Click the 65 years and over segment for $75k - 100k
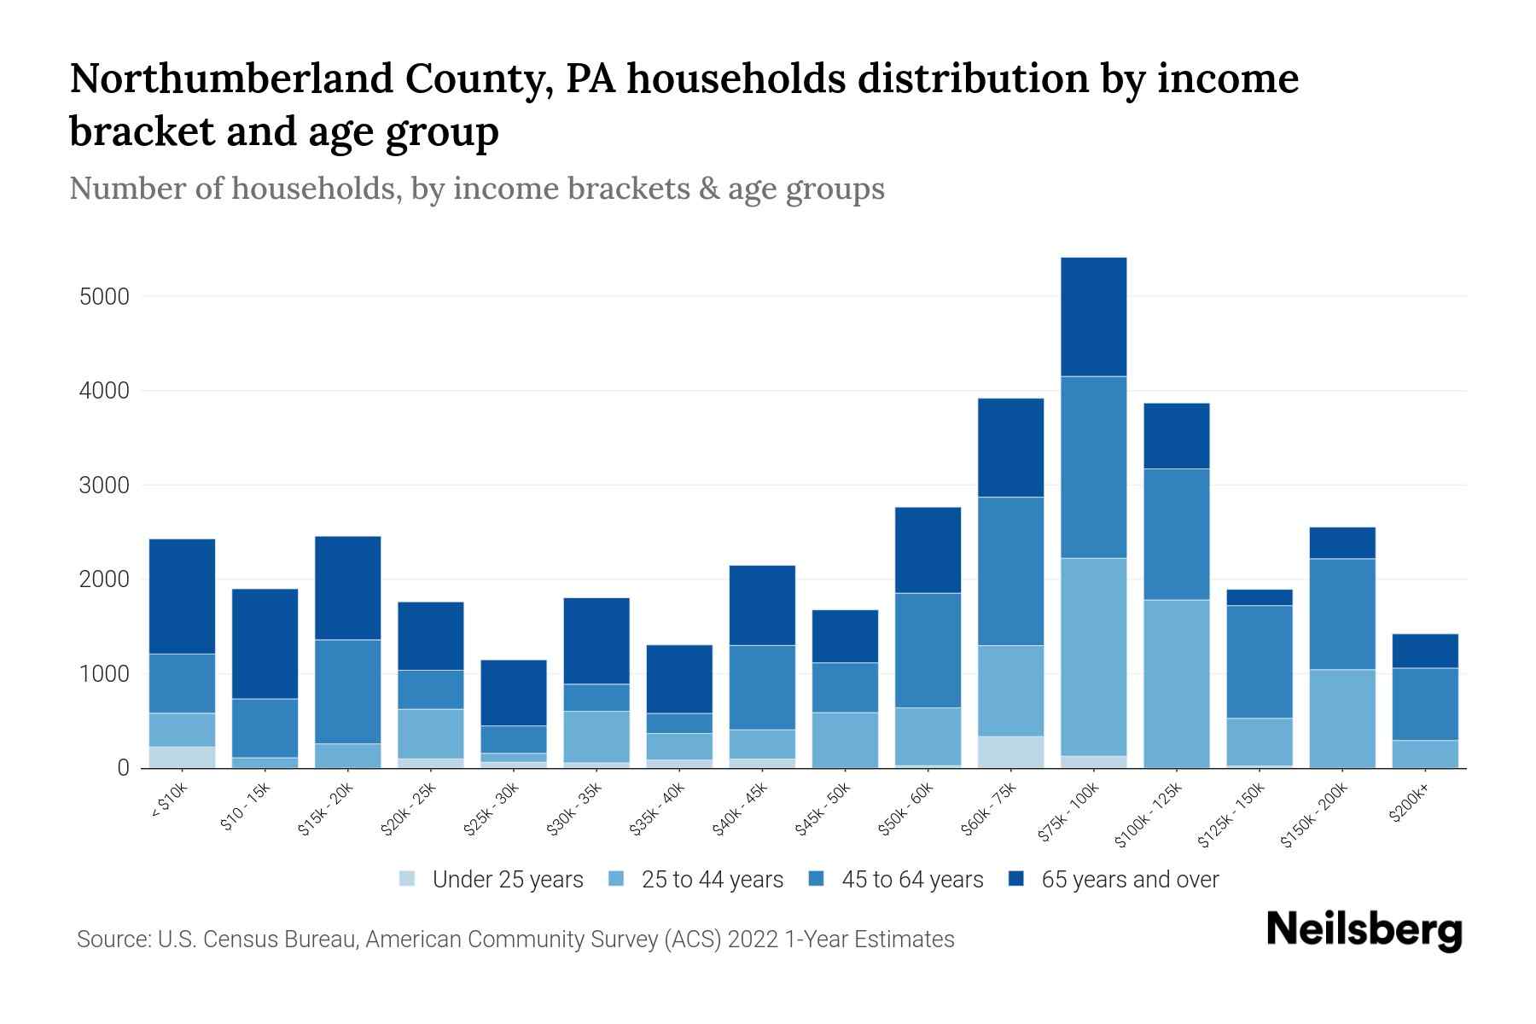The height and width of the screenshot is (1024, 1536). click(x=1093, y=317)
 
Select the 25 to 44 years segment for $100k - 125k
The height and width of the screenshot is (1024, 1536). click(x=1176, y=684)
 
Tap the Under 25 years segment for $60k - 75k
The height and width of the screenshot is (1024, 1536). click(x=1010, y=752)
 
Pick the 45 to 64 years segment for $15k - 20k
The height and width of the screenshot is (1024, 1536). click(x=347, y=691)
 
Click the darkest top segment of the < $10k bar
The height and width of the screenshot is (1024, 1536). click(x=182, y=596)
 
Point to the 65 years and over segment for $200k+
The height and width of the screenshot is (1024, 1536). click(x=1424, y=651)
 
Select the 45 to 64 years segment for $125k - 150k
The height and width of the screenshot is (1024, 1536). click(x=1259, y=661)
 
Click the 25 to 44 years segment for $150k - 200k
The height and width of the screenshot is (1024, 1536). click(x=1341, y=719)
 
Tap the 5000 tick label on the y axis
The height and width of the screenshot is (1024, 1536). click(x=104, y=297)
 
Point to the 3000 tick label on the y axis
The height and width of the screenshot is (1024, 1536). click(x=104, y=486)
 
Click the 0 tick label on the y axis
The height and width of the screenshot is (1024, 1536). click(x=123, y=768)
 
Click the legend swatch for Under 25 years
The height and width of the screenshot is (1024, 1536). click(x=408, y=878)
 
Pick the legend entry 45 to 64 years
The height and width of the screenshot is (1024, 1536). click(x=912, y=879)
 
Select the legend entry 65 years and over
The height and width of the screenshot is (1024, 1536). click(x=1129, y=879)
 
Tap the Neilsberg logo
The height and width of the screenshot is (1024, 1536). click(x=1364, y=930)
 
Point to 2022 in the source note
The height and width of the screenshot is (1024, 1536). click(x=752, y=940)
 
